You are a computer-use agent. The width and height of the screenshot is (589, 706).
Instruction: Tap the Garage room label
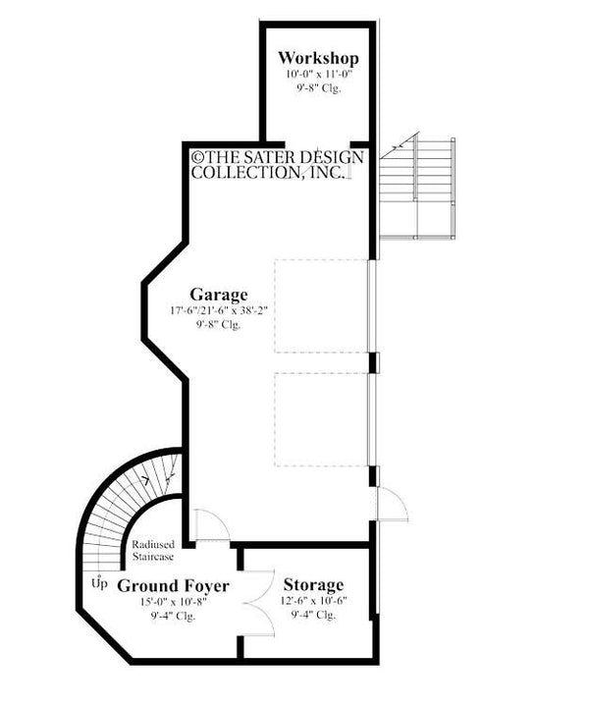point(218,294)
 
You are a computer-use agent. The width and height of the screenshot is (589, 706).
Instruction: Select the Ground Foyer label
point(173,586)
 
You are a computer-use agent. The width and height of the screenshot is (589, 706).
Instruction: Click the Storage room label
point(314,585)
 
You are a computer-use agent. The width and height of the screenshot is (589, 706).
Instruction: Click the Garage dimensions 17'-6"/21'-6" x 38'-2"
point(218,311)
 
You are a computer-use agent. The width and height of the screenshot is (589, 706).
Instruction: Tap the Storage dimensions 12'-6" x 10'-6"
point(314,601)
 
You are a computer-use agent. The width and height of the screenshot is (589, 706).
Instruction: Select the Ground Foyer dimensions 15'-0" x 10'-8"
point(173,602)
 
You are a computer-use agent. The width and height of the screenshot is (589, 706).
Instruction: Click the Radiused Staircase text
point(152,550)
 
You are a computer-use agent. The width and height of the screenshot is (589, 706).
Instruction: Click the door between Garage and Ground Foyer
point(209,524)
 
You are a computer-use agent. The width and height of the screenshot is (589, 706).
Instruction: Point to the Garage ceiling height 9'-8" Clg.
point(218,325)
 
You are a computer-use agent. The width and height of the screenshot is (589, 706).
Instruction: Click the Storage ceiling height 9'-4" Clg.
point(314,616)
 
